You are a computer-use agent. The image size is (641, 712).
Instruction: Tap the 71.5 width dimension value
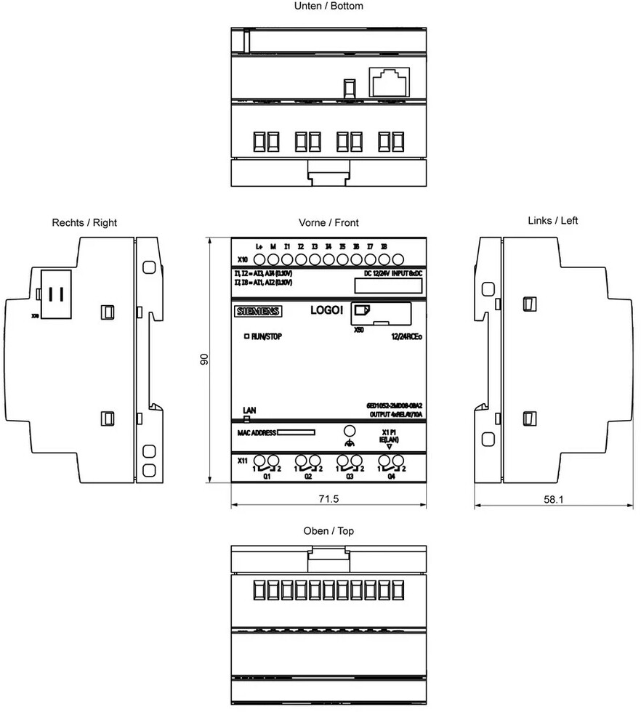coord(328,499)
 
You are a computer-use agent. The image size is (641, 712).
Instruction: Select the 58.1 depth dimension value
coord(553,499)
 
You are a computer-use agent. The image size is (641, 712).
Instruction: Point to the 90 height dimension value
coord(205,359)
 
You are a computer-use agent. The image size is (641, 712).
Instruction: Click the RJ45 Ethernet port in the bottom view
coord(390,82)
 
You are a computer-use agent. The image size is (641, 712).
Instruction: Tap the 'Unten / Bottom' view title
coord(328,6)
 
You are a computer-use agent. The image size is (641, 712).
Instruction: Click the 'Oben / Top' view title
coord(328,531)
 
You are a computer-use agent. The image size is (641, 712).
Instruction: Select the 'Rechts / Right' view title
coord(84,222)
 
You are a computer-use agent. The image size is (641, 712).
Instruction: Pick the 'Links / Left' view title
coord(553,220)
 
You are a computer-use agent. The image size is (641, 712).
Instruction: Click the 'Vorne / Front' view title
coord(328,222)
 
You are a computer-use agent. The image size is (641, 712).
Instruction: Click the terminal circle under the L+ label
coord(260,259)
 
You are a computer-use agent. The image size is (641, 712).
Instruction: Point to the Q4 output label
coord(392,477)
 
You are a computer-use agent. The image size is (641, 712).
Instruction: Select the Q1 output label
coord(267,477)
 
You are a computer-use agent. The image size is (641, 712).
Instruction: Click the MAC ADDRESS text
coord(257,433)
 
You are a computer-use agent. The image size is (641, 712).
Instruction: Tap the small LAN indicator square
coord(247,419)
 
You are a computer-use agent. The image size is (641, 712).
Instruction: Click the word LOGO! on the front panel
coord(326,310)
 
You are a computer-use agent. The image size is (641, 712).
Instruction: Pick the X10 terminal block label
coord(243,259)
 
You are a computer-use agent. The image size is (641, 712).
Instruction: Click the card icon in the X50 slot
coord(361,312)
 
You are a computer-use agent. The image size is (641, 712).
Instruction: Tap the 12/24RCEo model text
coord(407,336)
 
